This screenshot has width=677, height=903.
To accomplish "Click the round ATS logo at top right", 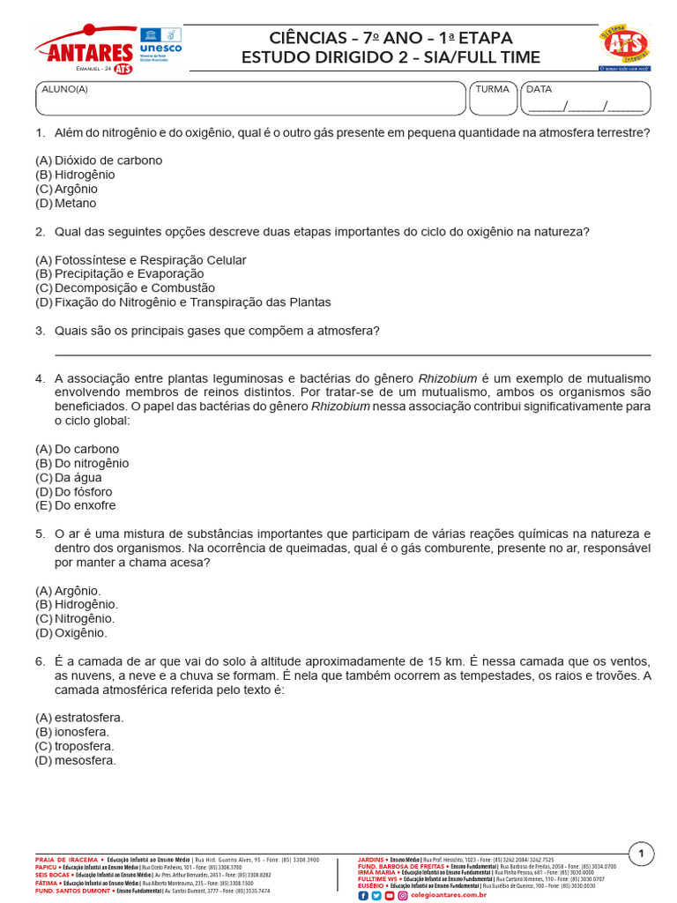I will point(624,47).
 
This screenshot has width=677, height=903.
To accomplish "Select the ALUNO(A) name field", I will point(249,99).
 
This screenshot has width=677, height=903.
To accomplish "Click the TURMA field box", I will point(493,99).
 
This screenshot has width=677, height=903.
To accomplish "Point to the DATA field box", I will point(585,99).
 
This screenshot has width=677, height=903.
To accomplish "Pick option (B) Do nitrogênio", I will point(82,463).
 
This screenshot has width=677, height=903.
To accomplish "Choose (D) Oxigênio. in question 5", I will point(71,633).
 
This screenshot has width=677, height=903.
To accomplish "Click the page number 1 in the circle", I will point(641,853).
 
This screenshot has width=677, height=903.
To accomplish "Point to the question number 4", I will point(40,378).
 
